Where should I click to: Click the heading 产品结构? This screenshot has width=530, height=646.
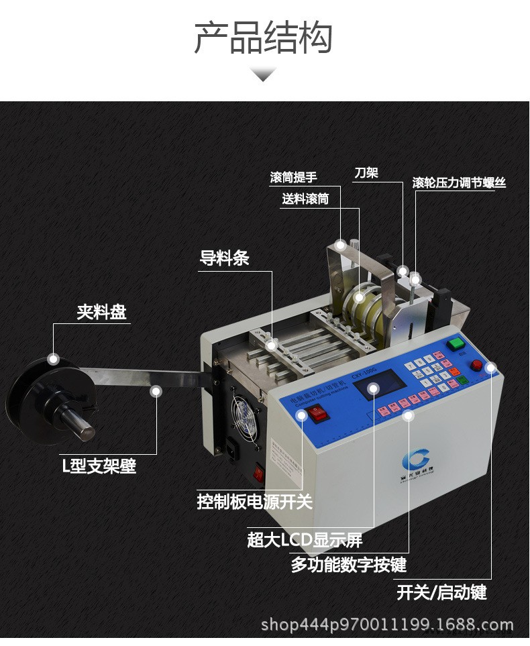point(263,37)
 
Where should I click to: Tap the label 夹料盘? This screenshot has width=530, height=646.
point(101,312)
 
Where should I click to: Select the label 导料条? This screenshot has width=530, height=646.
point(224,258)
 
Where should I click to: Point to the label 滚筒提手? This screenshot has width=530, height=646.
point(293,178)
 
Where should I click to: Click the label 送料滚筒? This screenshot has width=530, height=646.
point(305,199)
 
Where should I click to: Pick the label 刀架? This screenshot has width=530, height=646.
point(366,173)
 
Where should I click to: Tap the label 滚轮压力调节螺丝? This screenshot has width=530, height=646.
point(459,182)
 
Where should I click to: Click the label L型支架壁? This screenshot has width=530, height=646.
point(99,466)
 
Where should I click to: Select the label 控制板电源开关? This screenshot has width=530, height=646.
point(254,501)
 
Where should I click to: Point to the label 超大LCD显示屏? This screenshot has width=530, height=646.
point(305,539)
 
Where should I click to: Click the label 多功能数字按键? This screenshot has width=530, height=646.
point(348,564)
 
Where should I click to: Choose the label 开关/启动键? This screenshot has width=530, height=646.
point(441,592)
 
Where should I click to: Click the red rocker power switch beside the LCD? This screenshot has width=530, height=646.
point(317,415)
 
